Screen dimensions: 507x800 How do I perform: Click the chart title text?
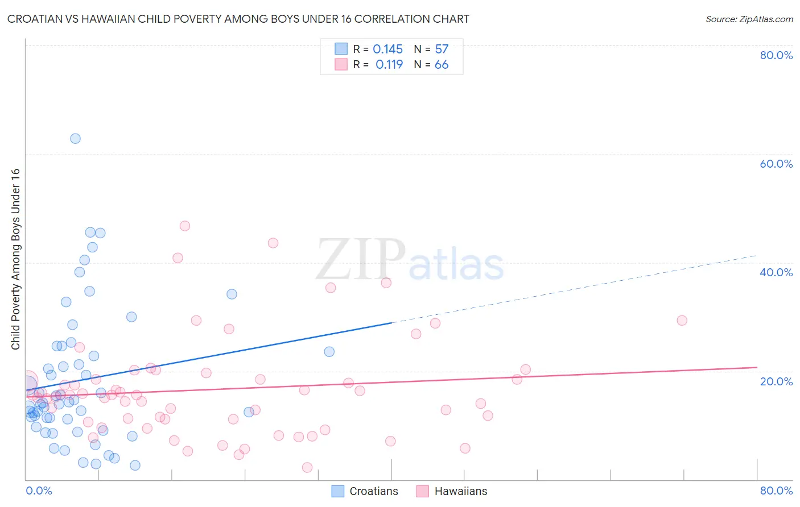point(238,19)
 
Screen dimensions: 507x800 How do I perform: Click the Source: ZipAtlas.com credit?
point(749,19)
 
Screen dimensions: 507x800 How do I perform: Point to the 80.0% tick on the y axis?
point(776,55)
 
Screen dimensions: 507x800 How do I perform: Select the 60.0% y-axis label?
point(776,164)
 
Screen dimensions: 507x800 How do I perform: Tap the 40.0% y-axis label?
point(776,272)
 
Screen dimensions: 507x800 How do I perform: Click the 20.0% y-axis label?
point(776,381)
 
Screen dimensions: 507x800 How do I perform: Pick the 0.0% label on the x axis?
point(39,491)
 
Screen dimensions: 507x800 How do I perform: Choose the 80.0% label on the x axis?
point(776,491)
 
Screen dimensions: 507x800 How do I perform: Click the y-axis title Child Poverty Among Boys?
point(15,259)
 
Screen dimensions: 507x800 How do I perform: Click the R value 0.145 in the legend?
point(387,49)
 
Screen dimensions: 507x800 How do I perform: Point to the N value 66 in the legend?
point(442,65)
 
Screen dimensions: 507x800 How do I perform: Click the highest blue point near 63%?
point(75,139)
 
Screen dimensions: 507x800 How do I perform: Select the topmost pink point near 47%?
point(184,226)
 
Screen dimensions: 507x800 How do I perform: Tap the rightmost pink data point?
point(682,320)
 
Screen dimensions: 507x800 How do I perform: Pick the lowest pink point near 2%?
point(307,467)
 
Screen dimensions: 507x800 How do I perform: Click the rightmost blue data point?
point(329,352)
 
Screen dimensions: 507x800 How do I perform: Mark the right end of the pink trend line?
point(756,367)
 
